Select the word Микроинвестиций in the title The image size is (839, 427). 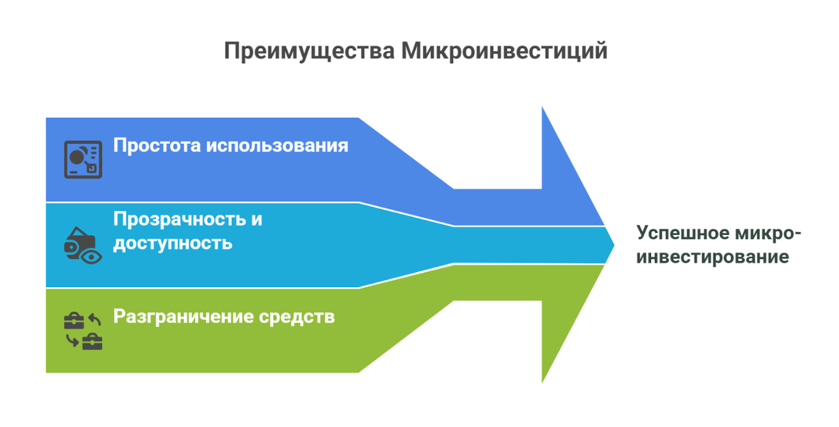click(505, 51)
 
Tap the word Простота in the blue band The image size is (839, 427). click(156, 146)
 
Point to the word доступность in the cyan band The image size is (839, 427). click(173, 243)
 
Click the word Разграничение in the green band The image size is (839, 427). click(184, 317)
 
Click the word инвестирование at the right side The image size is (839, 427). click(713, 257)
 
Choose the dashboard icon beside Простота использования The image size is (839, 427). click(83, 160)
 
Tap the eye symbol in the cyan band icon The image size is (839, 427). click(92, 256)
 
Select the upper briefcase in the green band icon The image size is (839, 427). click(74, 321)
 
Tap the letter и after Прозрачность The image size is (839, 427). click(256, 219)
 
